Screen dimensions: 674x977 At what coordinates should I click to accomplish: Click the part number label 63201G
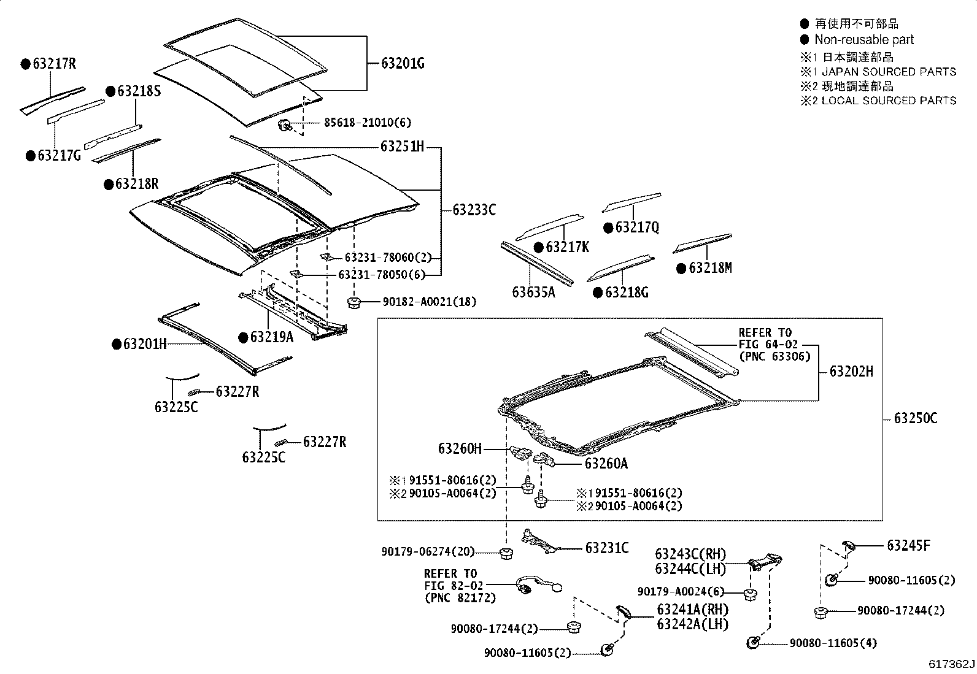403,63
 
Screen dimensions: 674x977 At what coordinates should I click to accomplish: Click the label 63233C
474,210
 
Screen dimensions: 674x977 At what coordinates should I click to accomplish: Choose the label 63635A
533,292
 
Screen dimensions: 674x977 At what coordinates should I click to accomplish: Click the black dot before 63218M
681,269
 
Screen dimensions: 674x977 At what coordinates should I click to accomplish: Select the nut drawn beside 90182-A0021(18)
354,301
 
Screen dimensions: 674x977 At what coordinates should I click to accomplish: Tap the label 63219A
271,337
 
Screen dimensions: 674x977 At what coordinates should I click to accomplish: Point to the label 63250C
916,418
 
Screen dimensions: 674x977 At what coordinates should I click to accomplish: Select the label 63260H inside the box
460,449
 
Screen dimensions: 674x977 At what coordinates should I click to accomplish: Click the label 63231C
606,548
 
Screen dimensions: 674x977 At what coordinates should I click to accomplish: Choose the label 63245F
908,545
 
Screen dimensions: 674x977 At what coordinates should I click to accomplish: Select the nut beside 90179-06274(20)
506,553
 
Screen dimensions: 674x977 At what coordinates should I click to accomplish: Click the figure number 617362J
951,664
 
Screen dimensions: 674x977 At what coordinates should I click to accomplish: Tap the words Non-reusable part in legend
863,40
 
